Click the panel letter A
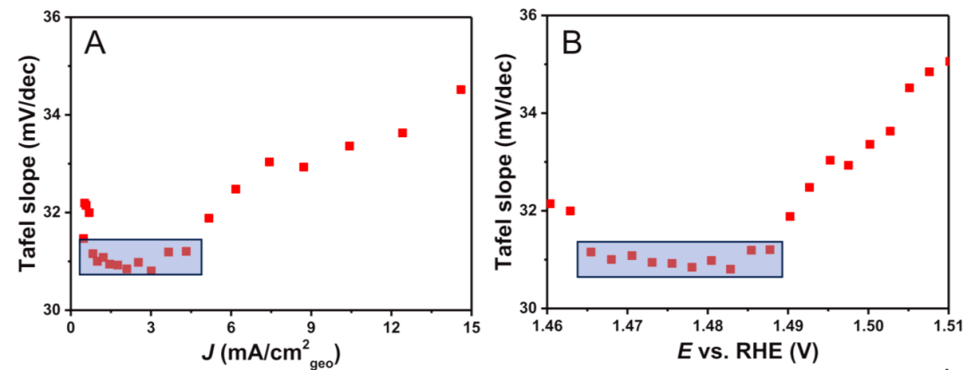(96, 43)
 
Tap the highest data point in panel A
(461, 90)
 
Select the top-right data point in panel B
(947, 62)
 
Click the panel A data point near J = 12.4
(403, 133)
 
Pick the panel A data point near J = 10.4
(349, 146)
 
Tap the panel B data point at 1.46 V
(550, 203)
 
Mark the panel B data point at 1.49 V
(790, 216)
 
